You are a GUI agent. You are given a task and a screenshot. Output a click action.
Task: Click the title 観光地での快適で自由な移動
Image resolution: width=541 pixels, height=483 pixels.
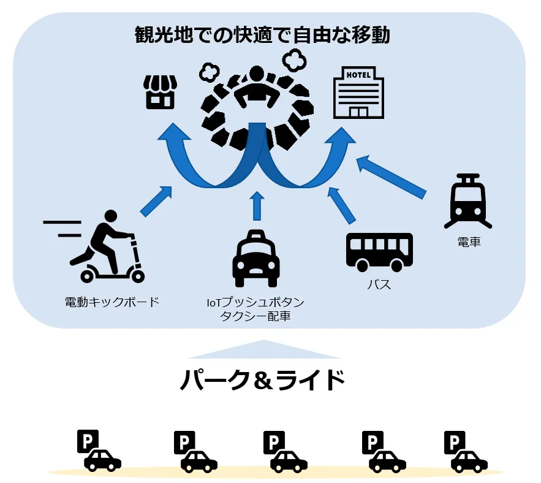[262, 35]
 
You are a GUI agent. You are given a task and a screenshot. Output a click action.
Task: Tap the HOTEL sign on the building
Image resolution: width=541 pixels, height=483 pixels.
[358, 75]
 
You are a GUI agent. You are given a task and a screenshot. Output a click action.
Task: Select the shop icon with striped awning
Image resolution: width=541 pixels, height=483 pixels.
[160, 92]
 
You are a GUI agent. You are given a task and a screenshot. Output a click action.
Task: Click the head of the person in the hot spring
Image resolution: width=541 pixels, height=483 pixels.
[256, 75]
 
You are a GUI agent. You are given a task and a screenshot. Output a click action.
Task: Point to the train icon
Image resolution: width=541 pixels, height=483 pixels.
[468, 201]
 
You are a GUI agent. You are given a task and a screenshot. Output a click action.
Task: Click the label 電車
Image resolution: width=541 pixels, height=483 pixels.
[469, 241]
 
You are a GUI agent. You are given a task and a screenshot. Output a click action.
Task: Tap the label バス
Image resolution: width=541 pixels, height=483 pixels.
[379, 285]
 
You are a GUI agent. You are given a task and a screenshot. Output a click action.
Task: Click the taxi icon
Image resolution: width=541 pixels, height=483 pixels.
[255, 258]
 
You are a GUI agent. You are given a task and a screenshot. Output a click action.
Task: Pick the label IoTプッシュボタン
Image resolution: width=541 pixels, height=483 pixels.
[255, 302]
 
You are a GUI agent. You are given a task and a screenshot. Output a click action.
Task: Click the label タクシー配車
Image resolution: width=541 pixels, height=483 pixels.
[255, 316]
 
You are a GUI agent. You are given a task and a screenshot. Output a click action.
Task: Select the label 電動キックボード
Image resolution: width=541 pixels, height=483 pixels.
[112, 302]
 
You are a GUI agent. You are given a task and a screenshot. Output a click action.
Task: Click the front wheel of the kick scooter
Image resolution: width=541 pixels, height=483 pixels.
[137, 276]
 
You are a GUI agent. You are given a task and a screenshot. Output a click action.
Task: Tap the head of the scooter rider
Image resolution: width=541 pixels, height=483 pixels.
[110, 216]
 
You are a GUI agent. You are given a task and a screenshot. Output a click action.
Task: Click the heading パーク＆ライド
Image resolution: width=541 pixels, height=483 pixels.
[263, 380]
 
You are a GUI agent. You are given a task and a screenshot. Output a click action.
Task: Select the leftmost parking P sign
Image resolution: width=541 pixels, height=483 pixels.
[88, 441]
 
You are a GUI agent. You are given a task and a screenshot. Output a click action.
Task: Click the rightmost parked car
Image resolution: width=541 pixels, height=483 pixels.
[469, 462]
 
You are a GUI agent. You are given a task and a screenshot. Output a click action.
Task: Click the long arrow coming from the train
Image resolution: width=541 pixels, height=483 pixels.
[391, 177]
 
